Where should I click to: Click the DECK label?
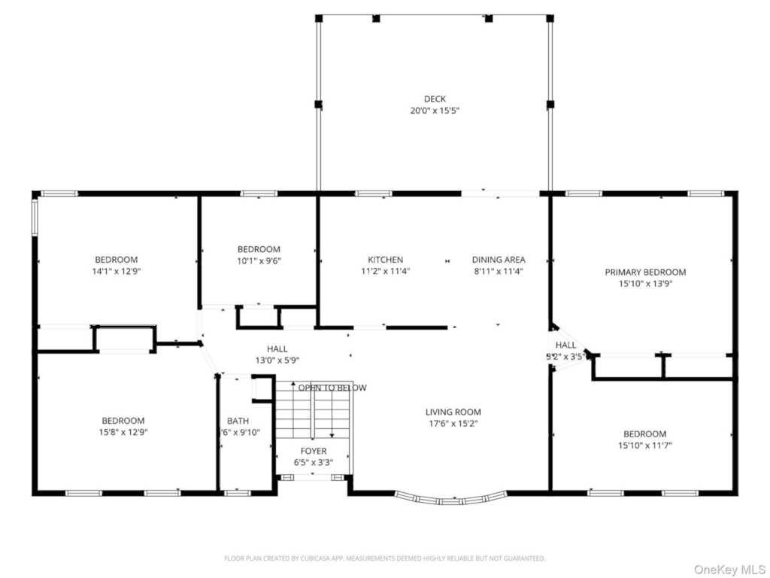pyautogui.click(x=434, y=99)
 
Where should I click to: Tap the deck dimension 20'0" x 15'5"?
pyautogui.click(x=434, y=111)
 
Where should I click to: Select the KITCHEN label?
pyautogui.click(x=385, y=260)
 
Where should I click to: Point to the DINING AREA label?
pyautogui.click(x=499, y=260)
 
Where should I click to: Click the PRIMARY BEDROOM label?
pyautogui.click(x=645, y=272)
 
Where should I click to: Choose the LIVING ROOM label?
pyautogui.click(x=453, y=412)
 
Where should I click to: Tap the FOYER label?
pyautogui.click(x=314, y=451)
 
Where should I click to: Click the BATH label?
pyautogui.click(x=238, y=421)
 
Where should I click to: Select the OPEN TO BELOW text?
pyautogui.click(x=332, y=388)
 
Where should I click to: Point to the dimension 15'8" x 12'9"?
pyautogui.click(x=123, y=432)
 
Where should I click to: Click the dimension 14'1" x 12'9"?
pyautogui.click(x=116, y=272)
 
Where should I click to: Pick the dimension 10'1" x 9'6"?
pyautogui.click(x=259, y=261)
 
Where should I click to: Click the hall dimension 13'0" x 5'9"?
pyautogui.click(x=277, y=360)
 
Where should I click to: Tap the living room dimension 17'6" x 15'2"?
pyautogui.click(x=453, y=424)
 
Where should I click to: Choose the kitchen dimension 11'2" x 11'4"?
pyautogui.click(x=385, y=271)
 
